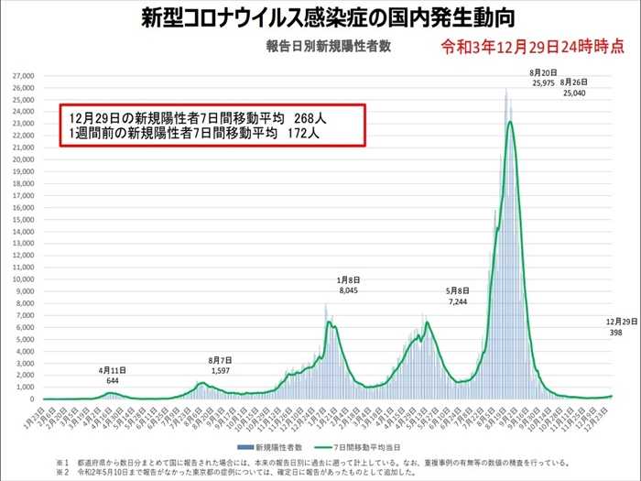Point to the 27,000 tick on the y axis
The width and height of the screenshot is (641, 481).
pos(24,75)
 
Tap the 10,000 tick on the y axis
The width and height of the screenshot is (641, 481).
pos(24,279)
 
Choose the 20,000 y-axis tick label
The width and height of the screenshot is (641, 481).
pos(24,159)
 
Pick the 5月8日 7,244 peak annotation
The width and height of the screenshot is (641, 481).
pos(459,295)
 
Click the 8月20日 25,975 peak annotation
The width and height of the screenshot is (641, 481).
pos(544,77)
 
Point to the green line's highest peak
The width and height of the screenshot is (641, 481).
pos(510,121)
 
